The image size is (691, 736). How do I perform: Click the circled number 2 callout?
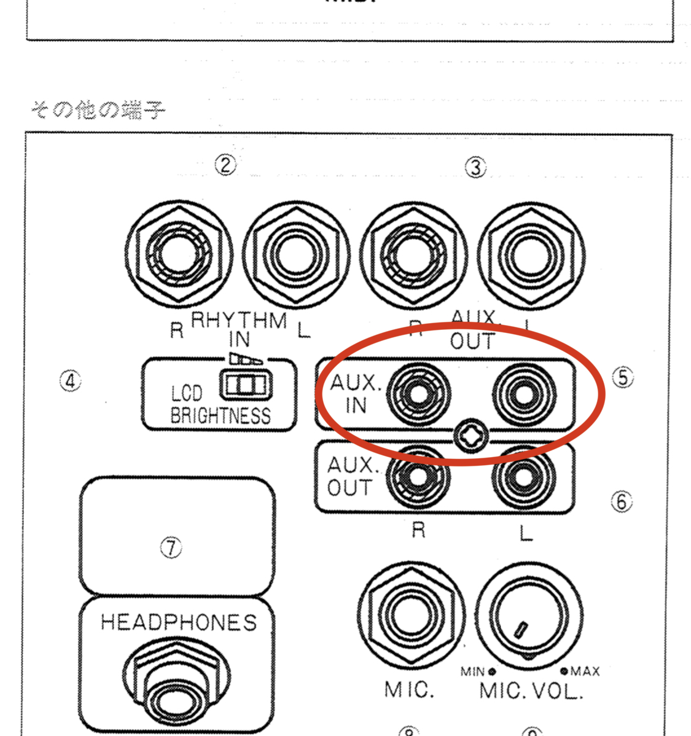[x=225, y=165]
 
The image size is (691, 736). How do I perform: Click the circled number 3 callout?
[x=475, y=167]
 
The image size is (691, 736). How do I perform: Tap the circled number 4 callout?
[x=70, y=382]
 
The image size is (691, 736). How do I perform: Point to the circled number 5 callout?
[x=623, y=377]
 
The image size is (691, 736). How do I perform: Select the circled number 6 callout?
[x=621, y=502]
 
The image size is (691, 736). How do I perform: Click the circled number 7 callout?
[x=171, y=547]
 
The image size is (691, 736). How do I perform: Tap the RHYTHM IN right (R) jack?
[x=179, y=253]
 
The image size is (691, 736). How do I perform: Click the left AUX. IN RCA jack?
[x=418, y=394]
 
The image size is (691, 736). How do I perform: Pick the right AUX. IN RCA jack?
[x=524, y=394]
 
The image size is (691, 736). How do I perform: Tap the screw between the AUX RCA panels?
[x=471, y=436]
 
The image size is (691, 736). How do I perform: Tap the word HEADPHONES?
[x=178, y=622]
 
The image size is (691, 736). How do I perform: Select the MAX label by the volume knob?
[x=584, y=671]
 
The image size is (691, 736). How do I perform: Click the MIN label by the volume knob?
[x=472, y=671]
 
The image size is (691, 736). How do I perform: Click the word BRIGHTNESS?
[x=220, y=416]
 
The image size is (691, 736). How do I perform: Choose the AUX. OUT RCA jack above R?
[x=418, y=476]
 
